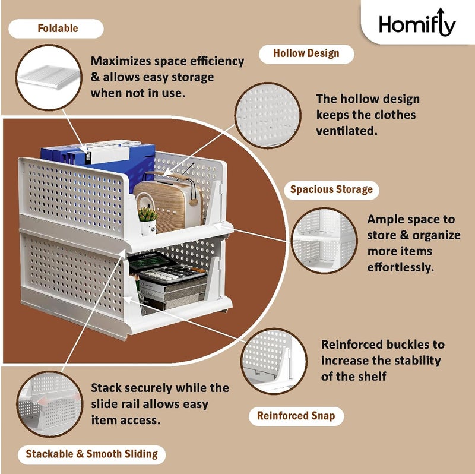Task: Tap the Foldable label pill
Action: (58, 29)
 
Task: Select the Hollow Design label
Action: (306, 53)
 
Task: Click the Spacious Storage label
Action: (331, 190)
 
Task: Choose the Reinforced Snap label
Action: (296, 416)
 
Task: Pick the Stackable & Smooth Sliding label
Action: (91, 454)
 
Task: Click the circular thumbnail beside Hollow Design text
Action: (267, 113)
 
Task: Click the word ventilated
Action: (347, 131)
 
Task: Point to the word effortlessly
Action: (400, 267)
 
